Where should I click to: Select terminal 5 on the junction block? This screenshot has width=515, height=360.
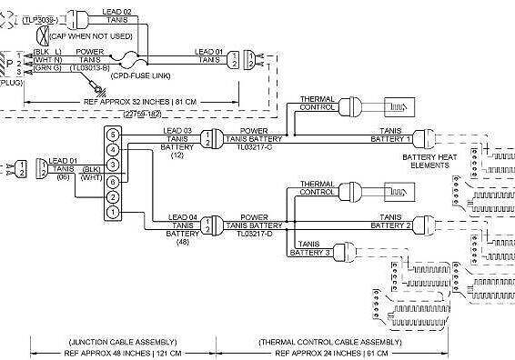112,135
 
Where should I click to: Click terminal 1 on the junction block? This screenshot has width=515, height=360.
112,212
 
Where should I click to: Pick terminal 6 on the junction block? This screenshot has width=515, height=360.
112,181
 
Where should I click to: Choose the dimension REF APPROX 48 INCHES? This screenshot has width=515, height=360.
125,352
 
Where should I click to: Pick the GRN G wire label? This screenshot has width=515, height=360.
47,67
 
